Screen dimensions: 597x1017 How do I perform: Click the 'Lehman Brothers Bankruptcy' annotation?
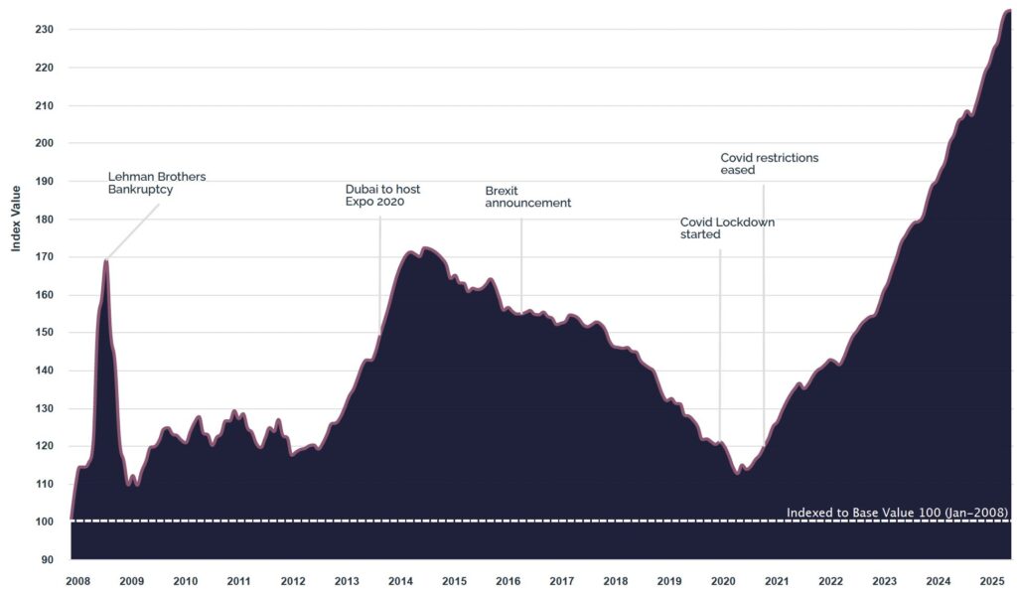(157, 183)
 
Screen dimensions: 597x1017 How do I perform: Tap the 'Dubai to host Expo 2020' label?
(382, 195)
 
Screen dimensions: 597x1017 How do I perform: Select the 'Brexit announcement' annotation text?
(527, 196)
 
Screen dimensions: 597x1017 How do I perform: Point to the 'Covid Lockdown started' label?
(727, 228)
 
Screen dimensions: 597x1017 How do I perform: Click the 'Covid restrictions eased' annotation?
(769, 164)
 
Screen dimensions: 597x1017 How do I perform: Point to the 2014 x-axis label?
(400, 581)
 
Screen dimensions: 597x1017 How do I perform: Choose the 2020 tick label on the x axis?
(723, 581)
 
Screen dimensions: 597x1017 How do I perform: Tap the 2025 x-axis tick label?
(991, 581)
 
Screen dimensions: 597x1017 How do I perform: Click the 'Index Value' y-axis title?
(16, 218)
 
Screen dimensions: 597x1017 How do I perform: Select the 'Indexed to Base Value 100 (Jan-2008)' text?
(897, 513)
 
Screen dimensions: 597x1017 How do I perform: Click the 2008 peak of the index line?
(105, 261)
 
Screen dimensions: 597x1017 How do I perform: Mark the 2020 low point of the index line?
(737, 473)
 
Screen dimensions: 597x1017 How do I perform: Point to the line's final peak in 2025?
(1007, 11)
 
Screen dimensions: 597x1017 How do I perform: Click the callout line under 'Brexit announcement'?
(521, 258)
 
